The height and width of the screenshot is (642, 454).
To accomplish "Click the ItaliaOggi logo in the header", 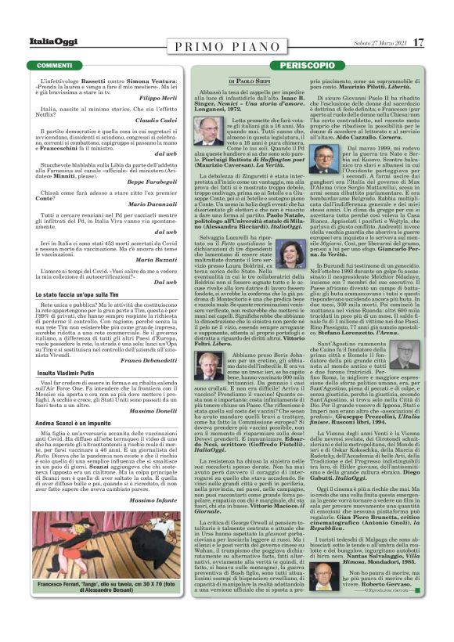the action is (x=36, y=41).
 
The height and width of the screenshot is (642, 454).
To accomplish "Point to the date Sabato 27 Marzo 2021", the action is (x=371, y=42).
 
